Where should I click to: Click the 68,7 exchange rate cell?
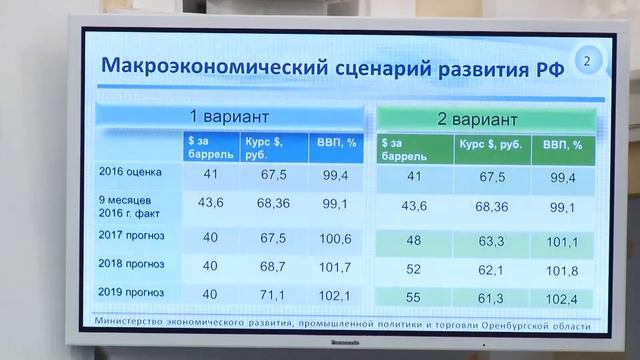(273, 267)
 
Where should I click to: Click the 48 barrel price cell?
(412, 241)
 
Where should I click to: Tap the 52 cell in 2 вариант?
(412, 270)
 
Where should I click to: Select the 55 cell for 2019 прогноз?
(412, 299)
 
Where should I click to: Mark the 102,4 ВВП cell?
(562, 299)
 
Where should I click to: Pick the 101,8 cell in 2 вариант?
(562, 270)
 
